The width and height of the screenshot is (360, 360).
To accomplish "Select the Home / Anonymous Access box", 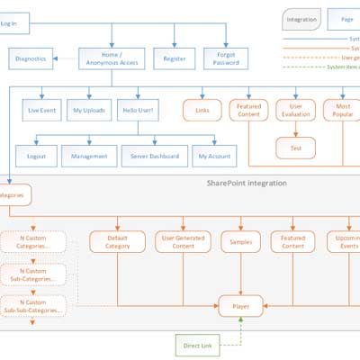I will pyautogui.click(x=111, y=59).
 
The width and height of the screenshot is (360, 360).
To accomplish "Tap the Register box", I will pyautogui.click(x=175, y=59).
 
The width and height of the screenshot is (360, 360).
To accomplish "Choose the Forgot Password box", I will pyautogui.click(x=226, y=59).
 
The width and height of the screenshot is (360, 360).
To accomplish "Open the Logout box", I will pyautogui.click(x=37, y=156).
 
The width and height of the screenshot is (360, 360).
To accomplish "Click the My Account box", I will pyautogui.click(x=214, y=156).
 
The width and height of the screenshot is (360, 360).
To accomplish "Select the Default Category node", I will pyautogui.click(x=117, y=241).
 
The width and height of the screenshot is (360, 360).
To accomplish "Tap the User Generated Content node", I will pyautogui.click(x=183, y=241).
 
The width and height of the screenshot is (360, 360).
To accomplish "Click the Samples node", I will pyautogui.click(x=240, y=241).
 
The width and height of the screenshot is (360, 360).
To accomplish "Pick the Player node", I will pyautogui.click(x=240, y=306).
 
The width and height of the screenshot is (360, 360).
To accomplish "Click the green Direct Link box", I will pyautogui.click(x=197, y=344).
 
